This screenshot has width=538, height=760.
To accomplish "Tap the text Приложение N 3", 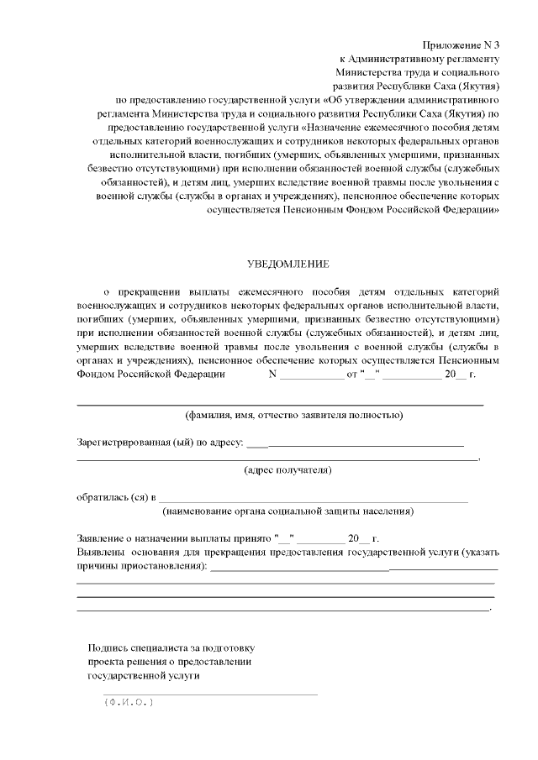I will pos(461,45).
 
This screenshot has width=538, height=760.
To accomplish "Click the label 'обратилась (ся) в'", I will pos(116,497).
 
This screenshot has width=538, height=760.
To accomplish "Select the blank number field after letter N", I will pos(310,375).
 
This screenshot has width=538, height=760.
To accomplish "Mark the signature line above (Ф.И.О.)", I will pos(210,694).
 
